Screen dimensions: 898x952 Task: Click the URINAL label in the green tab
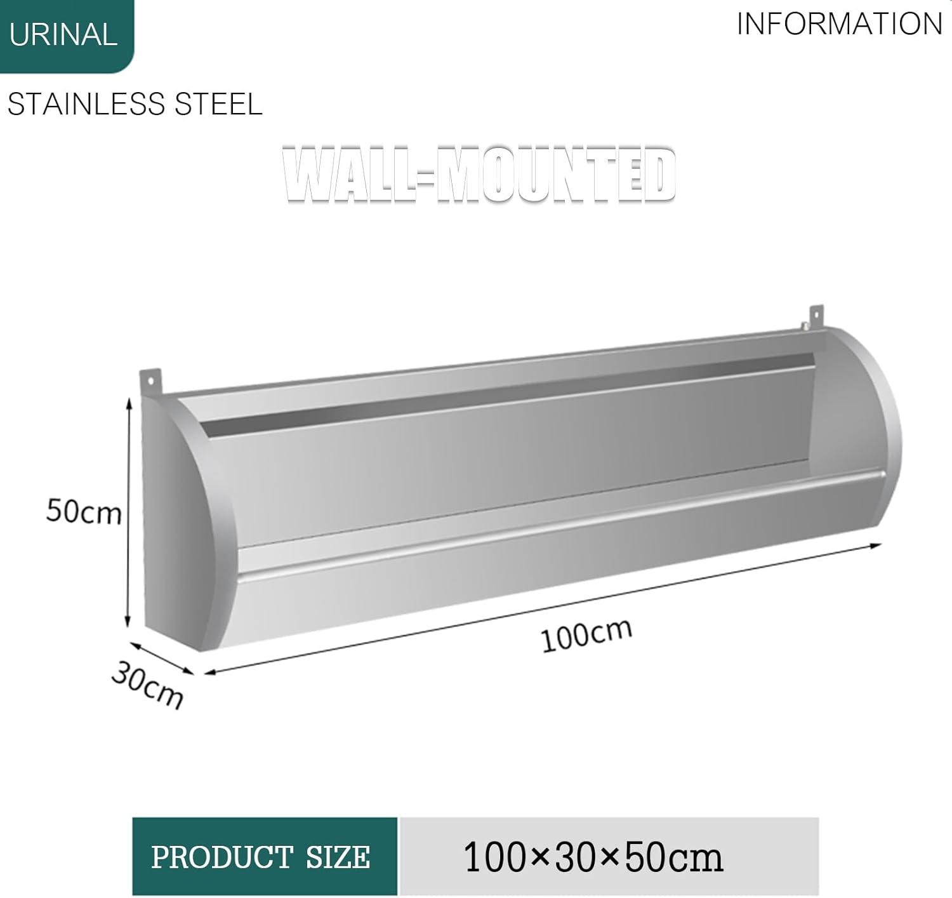[63, 34]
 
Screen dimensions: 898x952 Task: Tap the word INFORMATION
[839, 24]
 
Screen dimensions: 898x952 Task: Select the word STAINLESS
[86, 104]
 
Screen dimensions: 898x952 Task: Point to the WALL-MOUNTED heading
[479, 175]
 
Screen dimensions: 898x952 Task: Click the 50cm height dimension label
[84, 511]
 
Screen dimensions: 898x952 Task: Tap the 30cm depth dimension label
[147, 685]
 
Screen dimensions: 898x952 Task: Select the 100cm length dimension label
[586, 634]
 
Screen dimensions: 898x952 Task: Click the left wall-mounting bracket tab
[151, 382]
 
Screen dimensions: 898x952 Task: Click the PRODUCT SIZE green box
[265, 857]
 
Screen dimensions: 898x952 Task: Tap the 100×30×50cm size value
[593, 857]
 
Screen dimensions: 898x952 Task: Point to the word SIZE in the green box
[338, 857]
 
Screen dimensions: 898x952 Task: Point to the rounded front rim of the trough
[559, 524]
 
